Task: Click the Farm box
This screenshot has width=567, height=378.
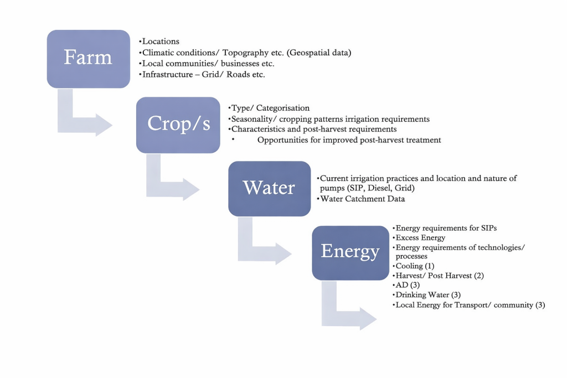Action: pyautogui.click(x=88, y=58)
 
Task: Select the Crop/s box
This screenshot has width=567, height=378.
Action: pyautogui.click(x=178, y=125)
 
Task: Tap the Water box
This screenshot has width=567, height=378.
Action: pyautogui.click(x=269, y=188)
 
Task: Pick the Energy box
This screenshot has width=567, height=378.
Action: pyautogui.click(x=350, y=252)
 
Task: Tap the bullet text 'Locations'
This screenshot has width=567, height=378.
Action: pyautogui.click(x=161, y=42)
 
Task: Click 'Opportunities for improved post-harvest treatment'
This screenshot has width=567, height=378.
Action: pyautogui.click(x=349, y=140)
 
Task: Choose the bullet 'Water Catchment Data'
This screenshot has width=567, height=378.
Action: pyautogui.click(x=362, y=199)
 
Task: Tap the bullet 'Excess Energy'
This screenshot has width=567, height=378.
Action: pyautogui.click(x=420, y=237)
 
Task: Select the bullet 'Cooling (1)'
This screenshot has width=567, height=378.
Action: pyautogui.click(x=415, y=266)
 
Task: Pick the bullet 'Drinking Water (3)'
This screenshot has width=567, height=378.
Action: pyautogui.click(x=427, y=294)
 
